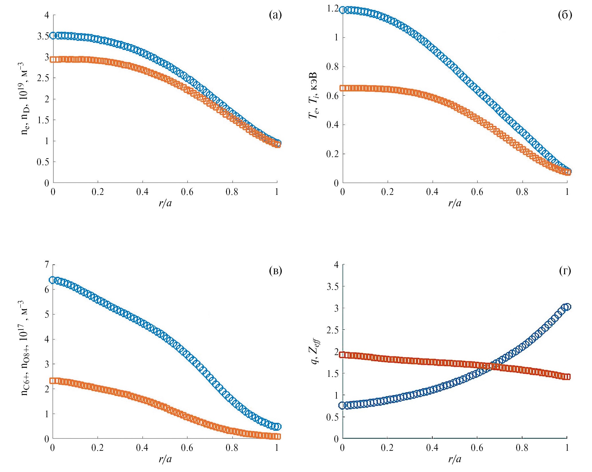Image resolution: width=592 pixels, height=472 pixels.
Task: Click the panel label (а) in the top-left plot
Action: click(275, 15)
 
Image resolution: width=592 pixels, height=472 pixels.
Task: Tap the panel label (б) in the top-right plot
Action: click(565, 15)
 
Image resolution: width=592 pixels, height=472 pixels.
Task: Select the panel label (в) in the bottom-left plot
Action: click(276, 271)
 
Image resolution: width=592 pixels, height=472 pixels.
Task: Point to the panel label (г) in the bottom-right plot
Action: click(565, 271)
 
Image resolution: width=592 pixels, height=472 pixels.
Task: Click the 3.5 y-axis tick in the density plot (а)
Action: click(43, 36)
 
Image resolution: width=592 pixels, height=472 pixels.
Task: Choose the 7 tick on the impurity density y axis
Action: click(47, 264)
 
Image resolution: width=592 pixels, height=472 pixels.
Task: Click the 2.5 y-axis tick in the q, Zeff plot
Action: click(333, 330)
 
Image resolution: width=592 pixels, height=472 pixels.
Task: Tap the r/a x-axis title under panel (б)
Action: click(455, 203)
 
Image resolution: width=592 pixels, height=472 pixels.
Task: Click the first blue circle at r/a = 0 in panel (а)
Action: click(53, 36)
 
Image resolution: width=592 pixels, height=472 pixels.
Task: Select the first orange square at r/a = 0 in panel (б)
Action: click(343, 88)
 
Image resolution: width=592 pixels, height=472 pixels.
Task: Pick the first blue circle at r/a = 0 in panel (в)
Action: click(52, 280)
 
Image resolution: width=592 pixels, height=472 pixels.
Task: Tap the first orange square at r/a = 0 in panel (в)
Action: click(53, 381)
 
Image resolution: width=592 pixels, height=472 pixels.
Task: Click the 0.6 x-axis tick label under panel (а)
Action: click(187, 192)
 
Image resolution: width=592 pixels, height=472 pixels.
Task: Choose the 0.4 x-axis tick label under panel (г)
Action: click(432, 448)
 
